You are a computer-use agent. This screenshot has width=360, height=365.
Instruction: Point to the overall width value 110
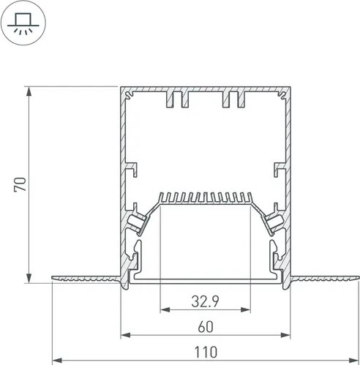point(206,352)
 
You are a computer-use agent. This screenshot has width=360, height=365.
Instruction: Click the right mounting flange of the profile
point(326,278)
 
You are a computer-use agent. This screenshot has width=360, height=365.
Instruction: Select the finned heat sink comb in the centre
point(206,198)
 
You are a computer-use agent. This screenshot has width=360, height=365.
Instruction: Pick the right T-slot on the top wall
point(236,99)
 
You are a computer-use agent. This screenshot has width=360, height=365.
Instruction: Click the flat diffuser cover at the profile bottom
point(206,280)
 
